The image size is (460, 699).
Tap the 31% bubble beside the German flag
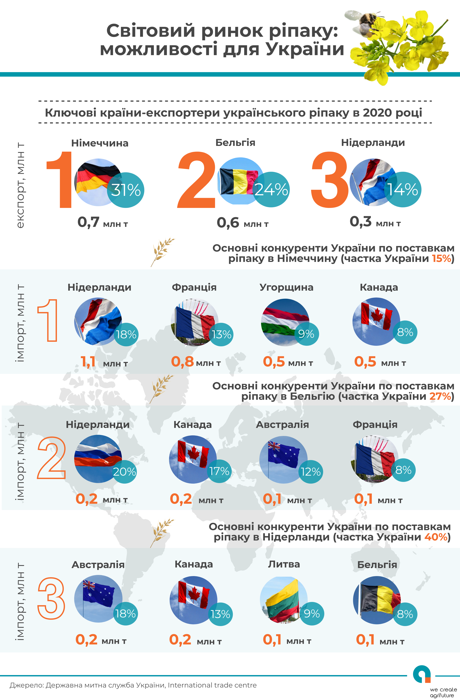pos(126,190)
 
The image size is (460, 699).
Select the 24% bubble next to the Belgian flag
pos(271,189)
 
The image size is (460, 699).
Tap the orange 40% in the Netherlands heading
pos(436,537)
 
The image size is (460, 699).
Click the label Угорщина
pos(286,287)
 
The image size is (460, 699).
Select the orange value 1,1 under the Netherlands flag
pos(88,361)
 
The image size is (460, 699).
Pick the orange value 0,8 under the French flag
pos(182,361)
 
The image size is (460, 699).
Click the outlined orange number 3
pos(51,598)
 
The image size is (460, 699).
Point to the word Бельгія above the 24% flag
pos(235,143)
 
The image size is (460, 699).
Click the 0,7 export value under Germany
pos(88,222)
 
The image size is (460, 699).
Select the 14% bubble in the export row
pos(403,189)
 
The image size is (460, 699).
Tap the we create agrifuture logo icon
pos(422,675)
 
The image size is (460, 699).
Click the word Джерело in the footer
pos(26,685)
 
